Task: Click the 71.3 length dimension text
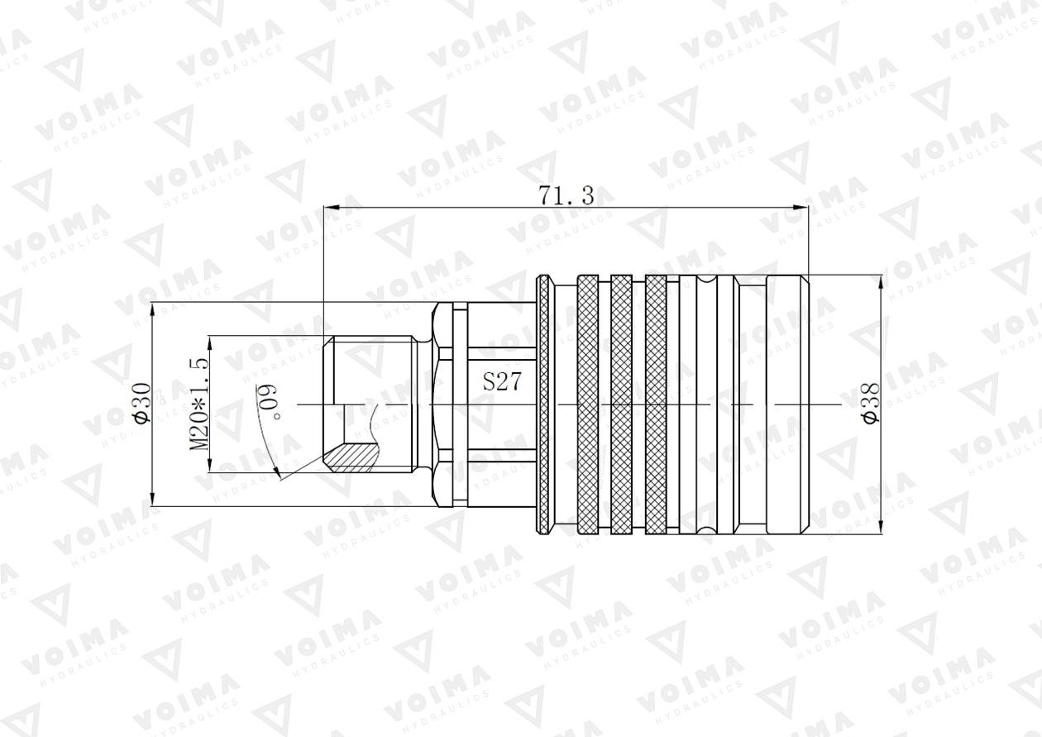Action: [566, 196]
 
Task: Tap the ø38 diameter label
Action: [871, 403]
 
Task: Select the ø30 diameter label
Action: [141, 403]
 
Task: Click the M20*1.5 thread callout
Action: [198, 403]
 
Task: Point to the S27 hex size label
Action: [502, 382]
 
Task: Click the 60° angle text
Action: [270, 401]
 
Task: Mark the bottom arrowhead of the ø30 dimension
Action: [154, 500]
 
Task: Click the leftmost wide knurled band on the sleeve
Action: [587, 404]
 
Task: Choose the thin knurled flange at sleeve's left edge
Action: [543, 404]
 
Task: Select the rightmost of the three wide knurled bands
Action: [656, 404]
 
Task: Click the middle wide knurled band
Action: [622, 404]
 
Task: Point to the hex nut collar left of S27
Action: [442, 404]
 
